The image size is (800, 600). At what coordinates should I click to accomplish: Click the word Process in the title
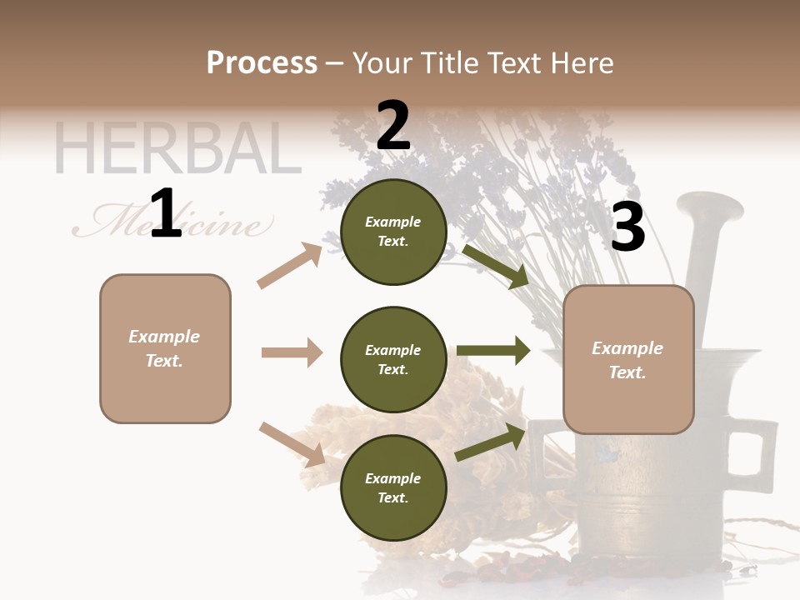point(262,63)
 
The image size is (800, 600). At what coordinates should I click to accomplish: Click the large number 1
point(166,214)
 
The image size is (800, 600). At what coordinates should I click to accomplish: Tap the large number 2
point(393,126)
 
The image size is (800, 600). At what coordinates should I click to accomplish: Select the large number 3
point(627,227)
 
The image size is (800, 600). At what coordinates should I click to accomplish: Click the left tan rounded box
point(165,348)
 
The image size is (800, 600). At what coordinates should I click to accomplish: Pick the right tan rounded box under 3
point(628,360)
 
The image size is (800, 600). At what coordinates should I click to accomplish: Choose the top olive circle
point(393,232)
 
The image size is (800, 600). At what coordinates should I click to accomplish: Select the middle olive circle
point(393,359)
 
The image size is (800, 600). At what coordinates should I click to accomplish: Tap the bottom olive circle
point(393,487)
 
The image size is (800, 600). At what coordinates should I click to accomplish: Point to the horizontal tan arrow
point(292,352)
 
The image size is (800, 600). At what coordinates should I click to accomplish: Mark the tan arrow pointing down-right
point(292,444)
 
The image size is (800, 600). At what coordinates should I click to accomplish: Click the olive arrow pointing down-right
point(496,267)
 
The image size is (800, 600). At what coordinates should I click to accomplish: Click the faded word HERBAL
point(177,149)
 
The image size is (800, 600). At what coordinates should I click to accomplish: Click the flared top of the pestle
point(710,207)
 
